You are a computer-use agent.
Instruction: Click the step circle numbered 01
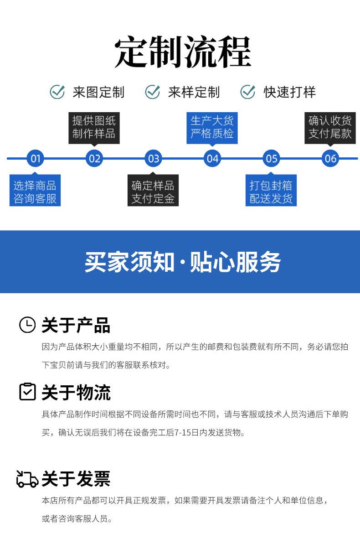(x=35, y=158)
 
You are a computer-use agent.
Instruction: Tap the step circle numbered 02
(x=94, y=158)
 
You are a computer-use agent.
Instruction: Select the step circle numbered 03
(x=154, y=158)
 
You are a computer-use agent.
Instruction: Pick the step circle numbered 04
(x=212, y=158)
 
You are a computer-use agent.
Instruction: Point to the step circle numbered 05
(x=272, y=158)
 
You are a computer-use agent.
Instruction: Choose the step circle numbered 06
(x=330, y=158)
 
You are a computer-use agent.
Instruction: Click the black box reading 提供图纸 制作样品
(x=94, y=127)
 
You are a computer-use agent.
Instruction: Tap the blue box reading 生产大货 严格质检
(x=212, y=127)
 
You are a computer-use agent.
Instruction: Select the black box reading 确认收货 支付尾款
(x=330, y=127)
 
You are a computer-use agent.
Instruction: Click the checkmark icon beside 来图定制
(x=57, y=92)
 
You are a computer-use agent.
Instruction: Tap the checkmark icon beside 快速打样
(x=247, y=92)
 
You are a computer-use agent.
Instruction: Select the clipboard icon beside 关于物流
(x=27, y=392)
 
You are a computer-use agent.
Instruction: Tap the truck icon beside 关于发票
(x=27, y=479)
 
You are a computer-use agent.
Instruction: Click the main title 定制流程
(x=182, y=53)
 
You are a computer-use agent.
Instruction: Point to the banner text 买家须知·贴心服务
(x=182, y=262)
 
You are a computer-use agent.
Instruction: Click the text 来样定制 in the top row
(x=194, y=93)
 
